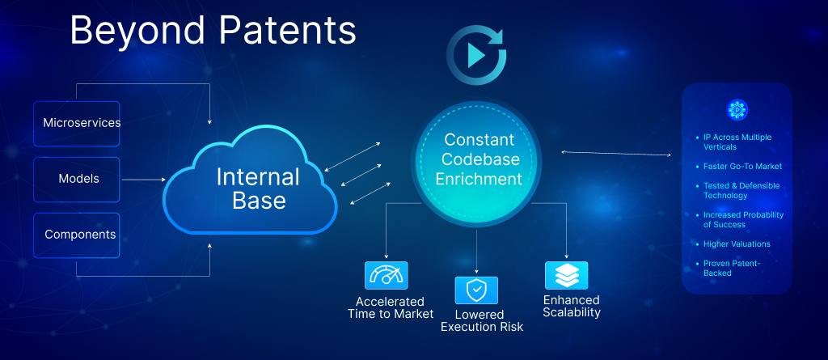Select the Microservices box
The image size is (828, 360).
[78, 124]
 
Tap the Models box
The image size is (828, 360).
[78, 179]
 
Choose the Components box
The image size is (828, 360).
[78, 235]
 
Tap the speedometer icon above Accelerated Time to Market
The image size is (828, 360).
[387, 275]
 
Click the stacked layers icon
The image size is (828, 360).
[566, 275]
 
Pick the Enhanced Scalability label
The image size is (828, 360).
[572, 306]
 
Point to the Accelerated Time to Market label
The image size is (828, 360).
[391, 307]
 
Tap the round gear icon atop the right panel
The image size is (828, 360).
[737, 110]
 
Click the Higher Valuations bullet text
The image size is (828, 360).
[737, 244]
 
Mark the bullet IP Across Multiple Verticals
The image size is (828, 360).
[737, 142]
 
